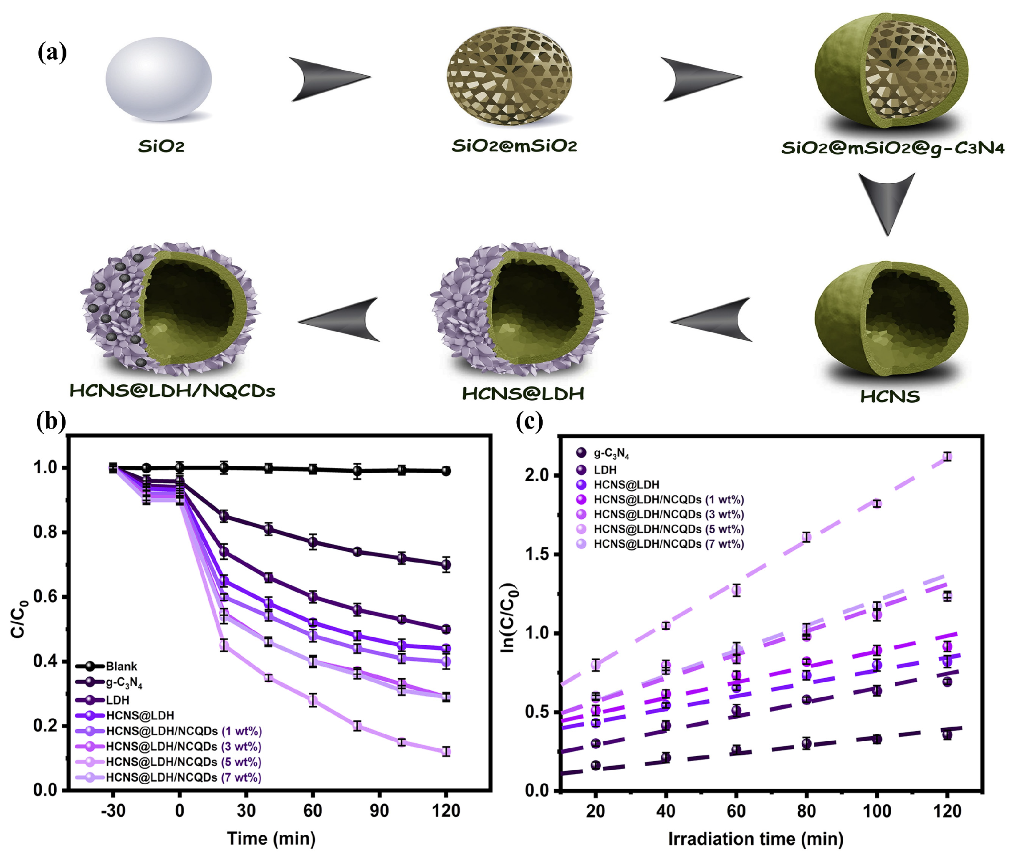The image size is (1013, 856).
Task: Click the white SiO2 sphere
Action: [x=159, y=78]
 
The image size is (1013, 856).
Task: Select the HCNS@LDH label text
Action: [x=522, y=394]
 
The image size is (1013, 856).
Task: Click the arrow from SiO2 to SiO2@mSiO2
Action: [x=329, y=78]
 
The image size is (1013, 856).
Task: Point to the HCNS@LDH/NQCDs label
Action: [x=172, y=391]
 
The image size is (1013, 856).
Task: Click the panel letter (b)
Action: [x=51, y=421]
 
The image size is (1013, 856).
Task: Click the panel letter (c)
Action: [x=529, y=421]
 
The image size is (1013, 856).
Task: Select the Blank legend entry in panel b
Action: [x=121, y=666]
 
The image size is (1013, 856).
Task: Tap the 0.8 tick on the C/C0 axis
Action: [x=45, y=532]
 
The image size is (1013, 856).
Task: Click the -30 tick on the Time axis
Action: [x=113, y=811]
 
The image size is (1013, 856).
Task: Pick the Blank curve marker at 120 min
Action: [x=446, y=471]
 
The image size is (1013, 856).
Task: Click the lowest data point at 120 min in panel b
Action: [x=446, y=752]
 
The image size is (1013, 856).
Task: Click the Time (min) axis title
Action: [x=271, y=838]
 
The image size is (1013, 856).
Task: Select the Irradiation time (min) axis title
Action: [x=755, y=838]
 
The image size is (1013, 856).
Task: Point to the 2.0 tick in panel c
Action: [x=537, y=475]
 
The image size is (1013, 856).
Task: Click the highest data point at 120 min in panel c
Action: [x=947, y=457]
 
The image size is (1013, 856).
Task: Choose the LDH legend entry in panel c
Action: [x=605, y=470]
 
